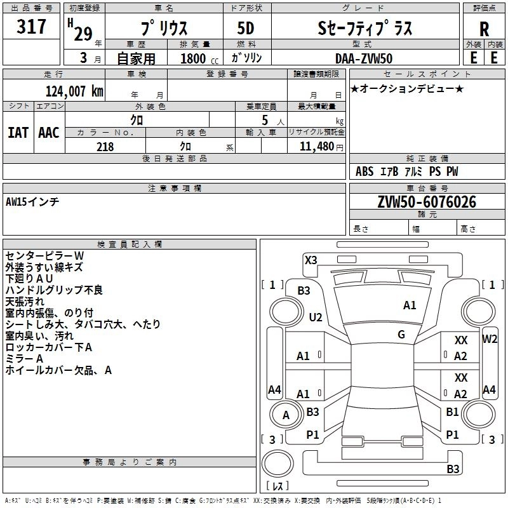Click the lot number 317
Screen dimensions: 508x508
(32, 27)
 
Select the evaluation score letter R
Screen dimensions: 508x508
(484, 29)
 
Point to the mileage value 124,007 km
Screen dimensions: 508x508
(74, 91)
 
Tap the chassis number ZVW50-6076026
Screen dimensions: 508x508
(427, 202)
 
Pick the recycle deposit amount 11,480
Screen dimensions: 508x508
(316, 147)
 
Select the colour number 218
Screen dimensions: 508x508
(105, 147)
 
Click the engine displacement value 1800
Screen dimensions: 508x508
(194, 58)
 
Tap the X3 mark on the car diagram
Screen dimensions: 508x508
(311, 260)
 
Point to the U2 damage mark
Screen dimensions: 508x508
(315, 317)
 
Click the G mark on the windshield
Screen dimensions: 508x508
(401, 335)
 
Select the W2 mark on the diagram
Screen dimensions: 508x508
(490, 339)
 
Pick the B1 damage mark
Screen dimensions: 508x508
(452, 412)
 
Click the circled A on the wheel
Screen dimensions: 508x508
(286, 415)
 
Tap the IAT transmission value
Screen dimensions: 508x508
(18, 133)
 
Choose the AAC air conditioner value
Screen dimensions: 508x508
(49, 133)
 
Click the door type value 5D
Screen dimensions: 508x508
(245, 29)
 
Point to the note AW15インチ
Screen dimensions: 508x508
(32, 201)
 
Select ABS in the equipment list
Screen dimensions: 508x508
(364, 171)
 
